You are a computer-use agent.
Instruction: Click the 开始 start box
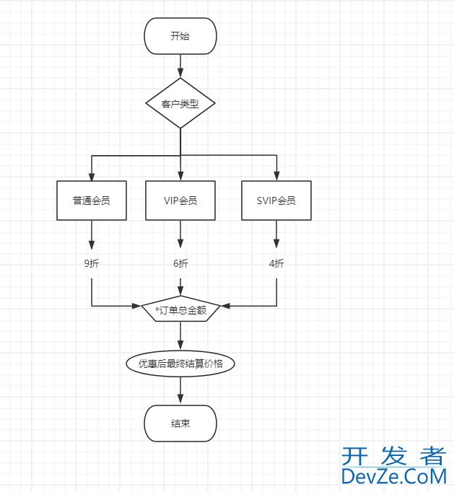click(x=180, y=36)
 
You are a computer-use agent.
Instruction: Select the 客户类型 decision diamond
click(x=180, y=103)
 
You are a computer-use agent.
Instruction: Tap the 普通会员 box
click(x=92, y=201)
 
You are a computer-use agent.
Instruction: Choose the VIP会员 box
click(x=180, y=201)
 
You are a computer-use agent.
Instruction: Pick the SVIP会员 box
click(x=276, y=201)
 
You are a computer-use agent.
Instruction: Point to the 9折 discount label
click(x=92, y=263)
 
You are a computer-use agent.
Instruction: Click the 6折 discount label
click(x=180, y=263)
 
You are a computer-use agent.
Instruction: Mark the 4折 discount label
click(x=276, y=263)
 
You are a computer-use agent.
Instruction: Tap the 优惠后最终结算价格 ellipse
click(x=180, y=364)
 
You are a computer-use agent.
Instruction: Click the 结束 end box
click(x=180, y=423)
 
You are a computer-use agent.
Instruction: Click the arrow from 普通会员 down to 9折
click(x=92, y=234)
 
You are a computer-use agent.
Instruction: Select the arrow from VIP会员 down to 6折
click(x=180, y=234)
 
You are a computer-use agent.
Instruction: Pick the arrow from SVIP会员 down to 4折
click(x=276, y=234)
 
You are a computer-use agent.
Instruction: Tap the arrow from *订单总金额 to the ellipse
click(x=180, y=336)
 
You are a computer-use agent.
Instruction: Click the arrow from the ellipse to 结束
click(x=180, y=390)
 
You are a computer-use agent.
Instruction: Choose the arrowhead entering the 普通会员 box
click(x=92, y=176)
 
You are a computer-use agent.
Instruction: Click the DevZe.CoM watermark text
click(x=394, y=477)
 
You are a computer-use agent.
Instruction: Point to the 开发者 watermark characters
click(x=394, y=455)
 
